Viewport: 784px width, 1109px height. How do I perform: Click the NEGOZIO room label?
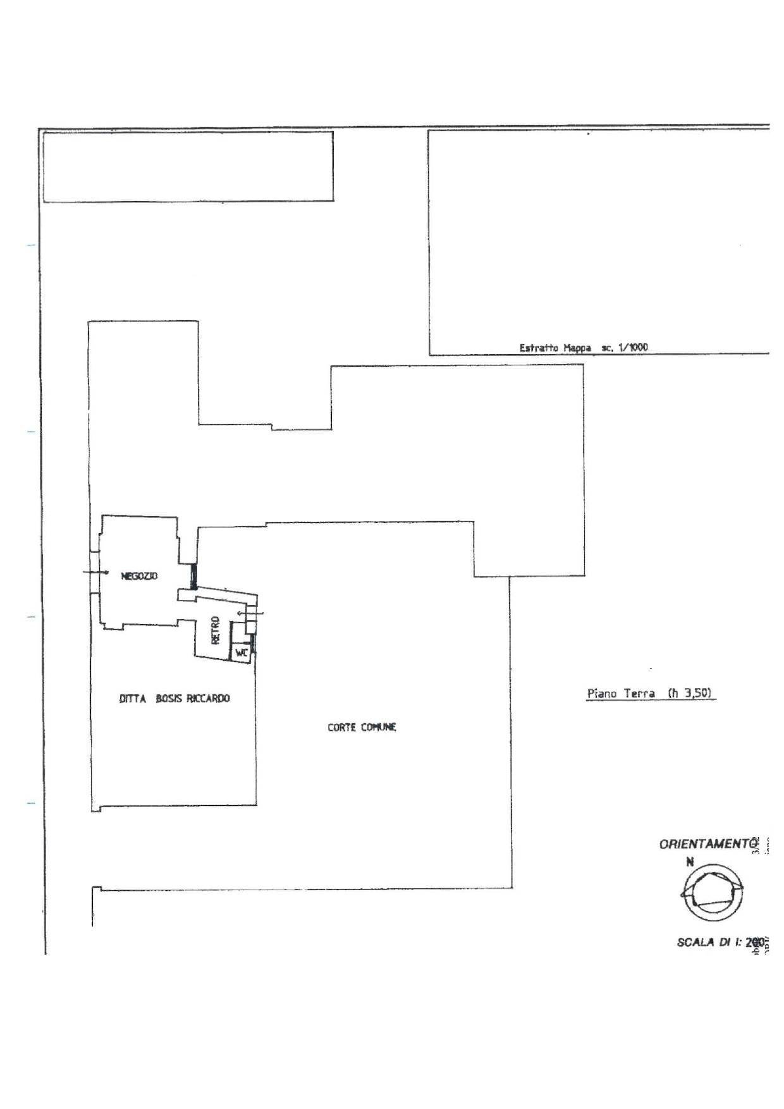[139, 576]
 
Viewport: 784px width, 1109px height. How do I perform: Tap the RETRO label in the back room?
[216, 630]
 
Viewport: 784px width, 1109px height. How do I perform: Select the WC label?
[242, 653]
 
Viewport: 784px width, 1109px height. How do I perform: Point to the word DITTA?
[132, 699]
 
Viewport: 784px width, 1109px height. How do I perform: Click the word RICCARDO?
[208, 699]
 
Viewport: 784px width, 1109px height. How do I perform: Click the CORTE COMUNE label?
[362, 727]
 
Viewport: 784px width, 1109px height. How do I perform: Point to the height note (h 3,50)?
[690, 693]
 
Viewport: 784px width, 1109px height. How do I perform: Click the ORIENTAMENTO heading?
[708, 844]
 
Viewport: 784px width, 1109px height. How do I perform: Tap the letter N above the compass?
[690, 861]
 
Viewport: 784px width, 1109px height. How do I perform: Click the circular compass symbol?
[712, 893]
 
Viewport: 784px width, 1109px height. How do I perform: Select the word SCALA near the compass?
[695, 942]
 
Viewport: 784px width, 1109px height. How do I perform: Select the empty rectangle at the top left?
[188, 166]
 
